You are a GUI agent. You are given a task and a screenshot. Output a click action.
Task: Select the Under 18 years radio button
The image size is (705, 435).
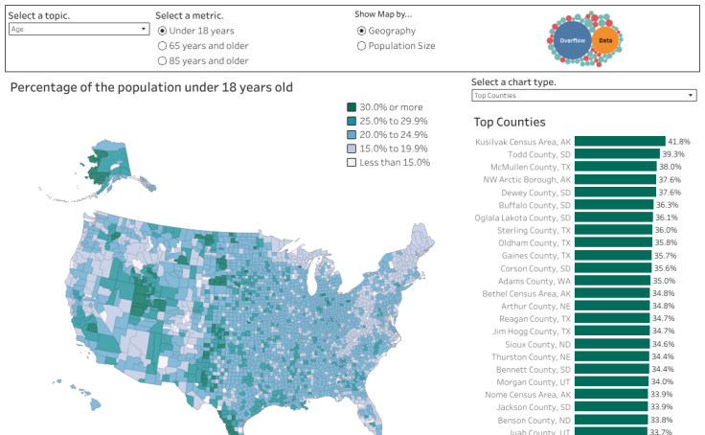[162, 31]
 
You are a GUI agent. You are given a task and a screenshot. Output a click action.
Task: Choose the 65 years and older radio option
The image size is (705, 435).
[162, 45]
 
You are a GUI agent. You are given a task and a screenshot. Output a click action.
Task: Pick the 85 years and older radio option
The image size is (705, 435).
[162, 60]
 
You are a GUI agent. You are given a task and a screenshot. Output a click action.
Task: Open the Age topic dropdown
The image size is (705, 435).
[78, 29]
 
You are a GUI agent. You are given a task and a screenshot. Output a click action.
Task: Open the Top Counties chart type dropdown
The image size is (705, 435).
[583, 96]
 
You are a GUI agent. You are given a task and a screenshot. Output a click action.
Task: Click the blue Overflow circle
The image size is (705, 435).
[572, 40]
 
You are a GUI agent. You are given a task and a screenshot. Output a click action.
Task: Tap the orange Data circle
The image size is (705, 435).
[605, 39]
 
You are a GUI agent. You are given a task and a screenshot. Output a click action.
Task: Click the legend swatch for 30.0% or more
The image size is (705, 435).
[352, 107]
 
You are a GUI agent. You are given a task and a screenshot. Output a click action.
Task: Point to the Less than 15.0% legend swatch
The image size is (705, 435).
[352, 162]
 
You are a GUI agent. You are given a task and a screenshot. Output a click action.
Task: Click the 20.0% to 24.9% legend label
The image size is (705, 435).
[394, 135]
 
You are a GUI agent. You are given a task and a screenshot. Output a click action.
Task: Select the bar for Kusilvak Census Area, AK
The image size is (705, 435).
[620, 141]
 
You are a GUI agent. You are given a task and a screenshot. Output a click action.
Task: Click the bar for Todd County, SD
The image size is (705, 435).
[617, 154]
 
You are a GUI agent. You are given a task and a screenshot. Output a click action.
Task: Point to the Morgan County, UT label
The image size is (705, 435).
[534, 381]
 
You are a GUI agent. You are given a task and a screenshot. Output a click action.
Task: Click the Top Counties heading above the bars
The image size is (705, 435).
[510, 122]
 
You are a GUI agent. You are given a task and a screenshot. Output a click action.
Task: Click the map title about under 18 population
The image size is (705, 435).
[151, 87]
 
